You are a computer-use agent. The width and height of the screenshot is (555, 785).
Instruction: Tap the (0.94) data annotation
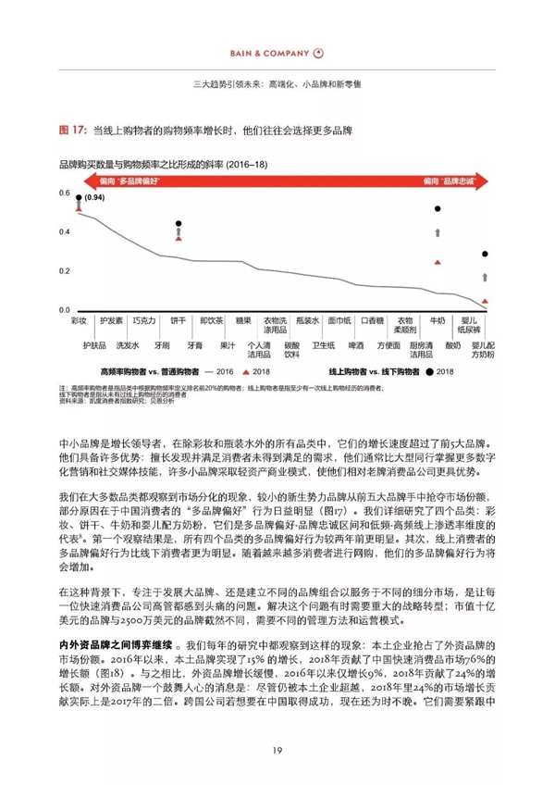pyautogui.click(x=93, y=197)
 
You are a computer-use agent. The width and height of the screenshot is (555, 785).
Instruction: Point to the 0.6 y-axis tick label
pyautogui.click(x=64, y=193)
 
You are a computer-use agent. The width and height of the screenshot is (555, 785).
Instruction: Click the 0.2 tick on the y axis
pyautogui.click(x=64, y=270)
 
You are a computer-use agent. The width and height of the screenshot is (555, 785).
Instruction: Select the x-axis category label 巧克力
pyautogui.click(x=143, y=320)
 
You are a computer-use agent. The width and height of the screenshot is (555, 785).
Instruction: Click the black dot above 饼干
pyautogui.click(x=178, y=224)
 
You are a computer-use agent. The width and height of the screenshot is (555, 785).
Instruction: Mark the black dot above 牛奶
pyautogui.click(x=437, y=209)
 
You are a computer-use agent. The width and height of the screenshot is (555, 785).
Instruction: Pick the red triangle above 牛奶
pyautogui.click(x=437, y=264)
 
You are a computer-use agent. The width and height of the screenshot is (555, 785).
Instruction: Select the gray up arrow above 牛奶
pyautogui.click(x=437, y=234)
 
